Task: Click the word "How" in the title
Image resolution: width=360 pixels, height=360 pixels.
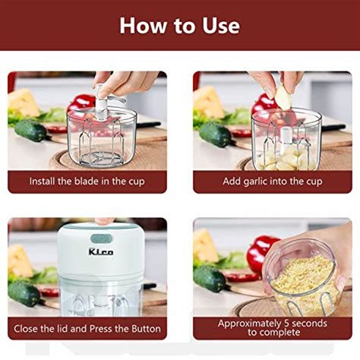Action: pos(144,25)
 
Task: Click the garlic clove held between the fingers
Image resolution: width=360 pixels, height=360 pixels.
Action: pos(282,96)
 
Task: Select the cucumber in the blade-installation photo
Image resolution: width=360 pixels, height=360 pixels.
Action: pos(30,130)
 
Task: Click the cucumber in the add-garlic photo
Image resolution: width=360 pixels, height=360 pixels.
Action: pos(216,134)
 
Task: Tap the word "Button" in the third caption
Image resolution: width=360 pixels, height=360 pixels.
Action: pos(142,328)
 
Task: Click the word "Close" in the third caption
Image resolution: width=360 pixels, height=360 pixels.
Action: pos(28,328)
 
